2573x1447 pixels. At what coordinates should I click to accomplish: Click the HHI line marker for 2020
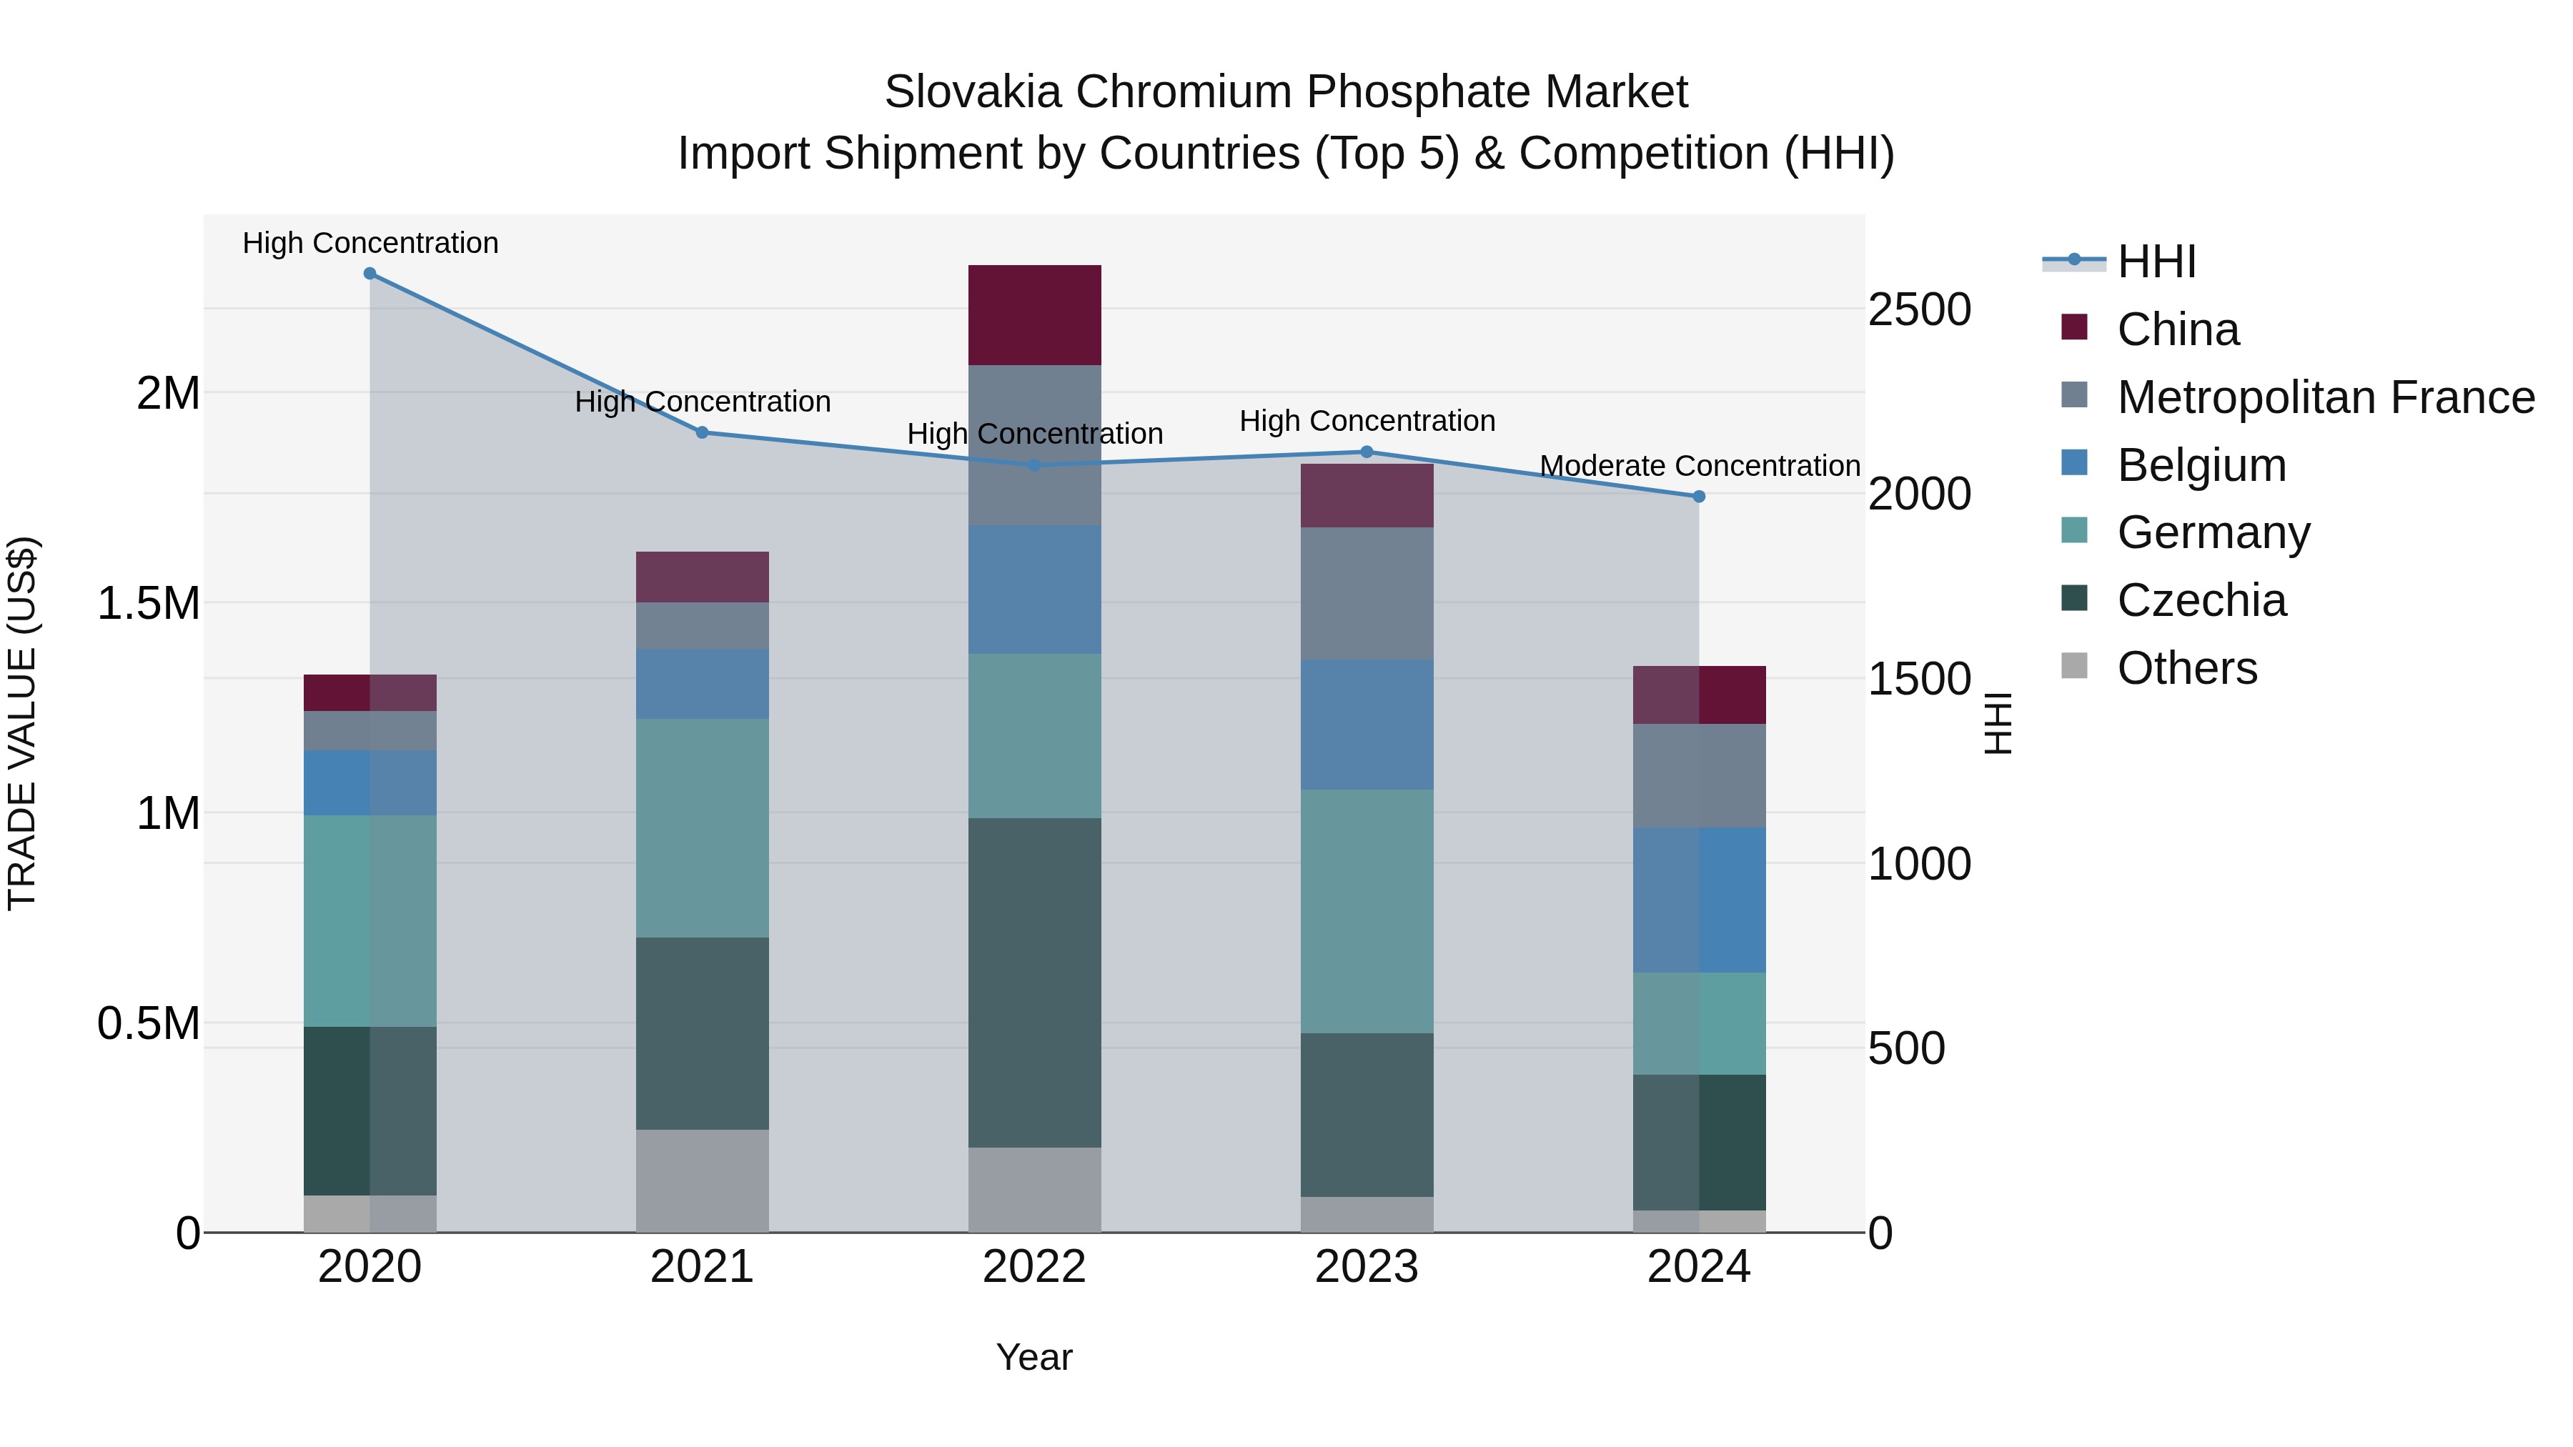[370, 274]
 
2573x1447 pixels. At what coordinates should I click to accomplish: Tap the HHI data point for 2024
[1698, 497]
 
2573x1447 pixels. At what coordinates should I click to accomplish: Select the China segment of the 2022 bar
[1035, 314]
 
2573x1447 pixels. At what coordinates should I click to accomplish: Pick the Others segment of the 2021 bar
[702, 1180]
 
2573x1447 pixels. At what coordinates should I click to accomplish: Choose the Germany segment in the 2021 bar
[702, 828]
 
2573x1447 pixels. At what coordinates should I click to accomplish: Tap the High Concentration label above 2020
[370, 243]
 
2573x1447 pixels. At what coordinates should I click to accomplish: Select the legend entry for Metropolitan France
[2325, 397]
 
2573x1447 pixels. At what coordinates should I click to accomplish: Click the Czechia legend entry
[2201, 600]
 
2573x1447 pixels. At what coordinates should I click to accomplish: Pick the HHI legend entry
[2156, 262]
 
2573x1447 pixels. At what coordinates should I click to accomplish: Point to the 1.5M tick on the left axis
[149, 603]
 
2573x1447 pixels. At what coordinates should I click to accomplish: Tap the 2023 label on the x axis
[1367, 1267]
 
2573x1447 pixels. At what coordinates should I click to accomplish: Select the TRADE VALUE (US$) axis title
[22, 723]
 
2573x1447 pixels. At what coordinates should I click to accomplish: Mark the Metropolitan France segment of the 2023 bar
[1367, 593]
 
